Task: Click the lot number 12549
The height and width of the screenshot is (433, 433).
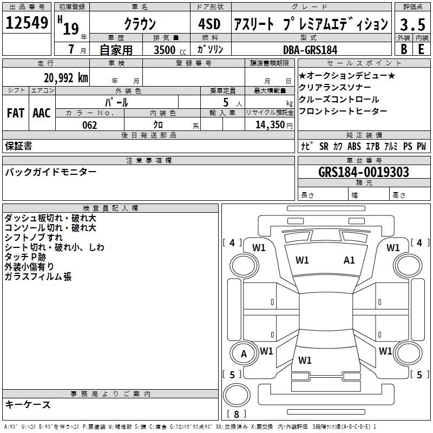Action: pos(27,23)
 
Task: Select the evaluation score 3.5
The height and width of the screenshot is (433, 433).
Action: pos(412,24)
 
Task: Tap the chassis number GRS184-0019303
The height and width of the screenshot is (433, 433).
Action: pos(364,172)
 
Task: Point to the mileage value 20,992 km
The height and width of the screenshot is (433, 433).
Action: pos(66,78)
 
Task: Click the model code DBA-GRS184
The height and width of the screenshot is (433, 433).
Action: pos(310,50)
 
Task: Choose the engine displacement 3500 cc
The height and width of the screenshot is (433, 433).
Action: pos(170,50)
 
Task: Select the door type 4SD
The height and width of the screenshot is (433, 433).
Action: pos(209,24)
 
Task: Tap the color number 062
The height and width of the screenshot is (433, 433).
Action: pos(90,125)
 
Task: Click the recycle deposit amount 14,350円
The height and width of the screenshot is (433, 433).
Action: pos(274,125)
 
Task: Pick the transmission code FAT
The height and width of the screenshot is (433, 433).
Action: pos(16,113)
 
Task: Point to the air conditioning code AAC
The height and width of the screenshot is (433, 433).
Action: pos(42,113)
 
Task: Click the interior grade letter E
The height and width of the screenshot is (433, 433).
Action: pos(421,49)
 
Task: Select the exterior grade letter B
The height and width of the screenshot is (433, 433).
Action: pos(404,49)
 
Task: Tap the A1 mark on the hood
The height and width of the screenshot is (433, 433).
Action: pos(349,260)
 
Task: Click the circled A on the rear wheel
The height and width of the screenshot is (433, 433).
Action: pos(244,354)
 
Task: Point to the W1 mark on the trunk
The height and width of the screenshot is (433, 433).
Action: pos(305,360)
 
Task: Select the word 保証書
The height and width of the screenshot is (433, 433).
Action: pos(18,146)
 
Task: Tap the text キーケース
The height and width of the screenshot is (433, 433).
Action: pos(28,405)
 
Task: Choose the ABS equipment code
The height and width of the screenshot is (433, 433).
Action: pos(354,146)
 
